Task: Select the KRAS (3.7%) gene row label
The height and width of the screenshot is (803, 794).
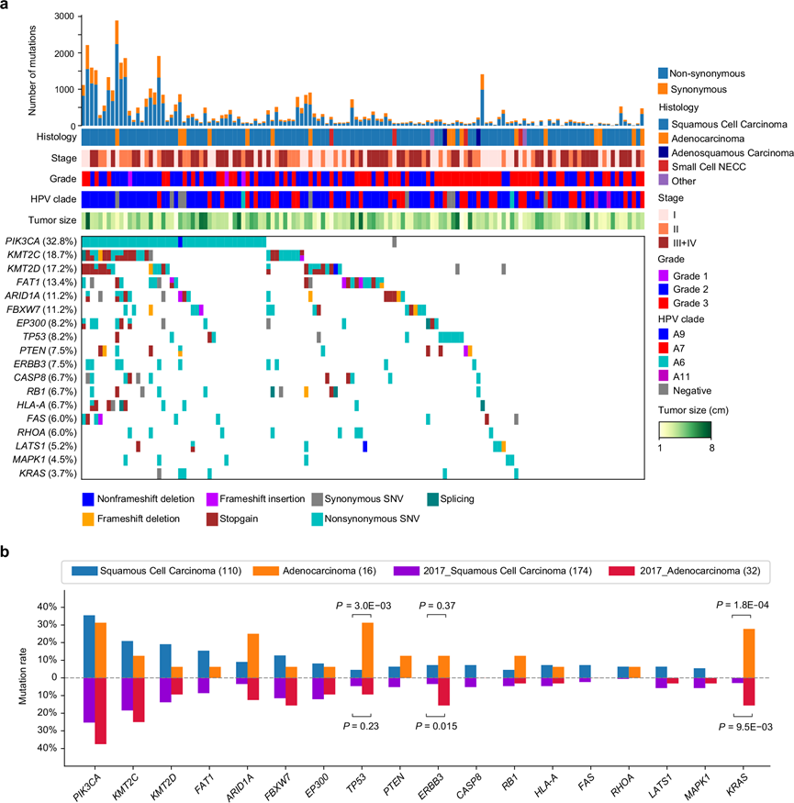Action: click(x=46, y=474)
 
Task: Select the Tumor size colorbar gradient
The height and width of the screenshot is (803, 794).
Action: click(x=685, y=429)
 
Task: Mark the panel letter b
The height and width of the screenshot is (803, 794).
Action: click(x=7, y=552)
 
